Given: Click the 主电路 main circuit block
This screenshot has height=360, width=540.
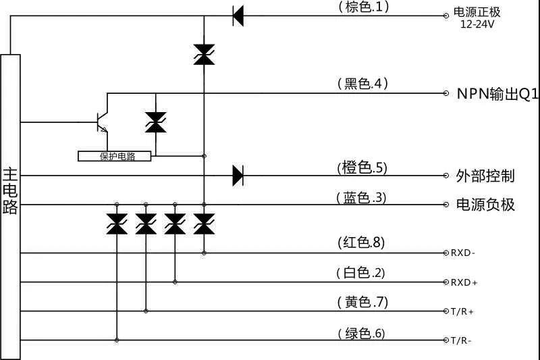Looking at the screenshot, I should (x=10, y=203).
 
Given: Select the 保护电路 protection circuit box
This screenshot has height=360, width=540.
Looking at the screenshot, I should (x=115, y=156).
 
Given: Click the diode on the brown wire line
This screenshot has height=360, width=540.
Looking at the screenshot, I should (x=238, y=15).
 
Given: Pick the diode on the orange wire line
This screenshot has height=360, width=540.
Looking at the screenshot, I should (x=238, y=176).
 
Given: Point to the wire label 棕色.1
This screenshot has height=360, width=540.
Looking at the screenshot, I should (x=363, y=7).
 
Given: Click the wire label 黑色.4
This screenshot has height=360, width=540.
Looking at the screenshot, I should (x=363, y=84).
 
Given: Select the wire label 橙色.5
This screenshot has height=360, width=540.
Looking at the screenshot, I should (x=362, y=167).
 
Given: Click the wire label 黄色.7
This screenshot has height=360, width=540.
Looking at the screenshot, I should (x=362, y=303).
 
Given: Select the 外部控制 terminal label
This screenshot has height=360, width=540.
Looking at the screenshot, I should (x=485, y=176).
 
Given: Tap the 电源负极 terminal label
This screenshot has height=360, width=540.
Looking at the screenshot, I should (x=485, y=205).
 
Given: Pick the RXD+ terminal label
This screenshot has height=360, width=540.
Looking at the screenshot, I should (x=464, y=282).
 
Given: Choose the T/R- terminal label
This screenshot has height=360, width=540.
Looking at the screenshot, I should (x=462, y=341).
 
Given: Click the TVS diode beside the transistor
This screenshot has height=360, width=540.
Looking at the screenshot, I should (x=155, y=122).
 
